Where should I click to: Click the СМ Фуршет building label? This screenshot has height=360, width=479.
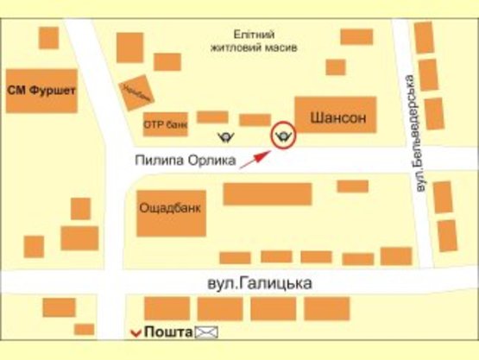[41, 90]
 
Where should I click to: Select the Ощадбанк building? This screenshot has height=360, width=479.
[172, 212]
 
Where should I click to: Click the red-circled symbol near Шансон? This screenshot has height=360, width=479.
[282, 135]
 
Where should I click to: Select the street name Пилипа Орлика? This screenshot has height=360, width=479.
[185, 159]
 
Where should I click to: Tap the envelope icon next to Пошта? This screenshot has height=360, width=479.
[206, 332]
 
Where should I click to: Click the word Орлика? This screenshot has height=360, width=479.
[213, 159]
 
